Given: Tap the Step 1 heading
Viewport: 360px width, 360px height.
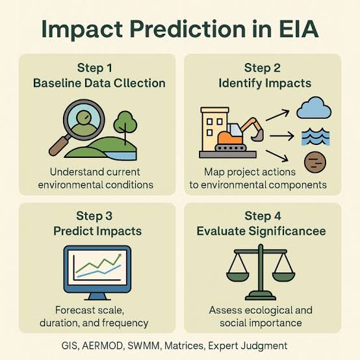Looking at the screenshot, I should pyautogui.click(x=95, y=67).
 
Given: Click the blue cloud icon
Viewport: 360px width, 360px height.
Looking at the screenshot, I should pyautogui.click(x=315, y=108).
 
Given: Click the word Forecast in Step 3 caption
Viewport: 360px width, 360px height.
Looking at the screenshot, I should pyautogui.click(x=77, y=309).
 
